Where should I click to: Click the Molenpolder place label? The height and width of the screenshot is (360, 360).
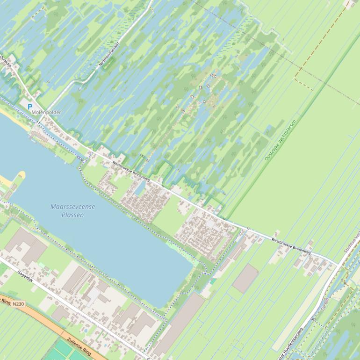[46, 113]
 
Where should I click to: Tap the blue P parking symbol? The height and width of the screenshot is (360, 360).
[30, 107]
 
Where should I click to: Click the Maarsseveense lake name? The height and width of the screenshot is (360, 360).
[72, 207]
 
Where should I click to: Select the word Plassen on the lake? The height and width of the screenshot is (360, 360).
[72, 215]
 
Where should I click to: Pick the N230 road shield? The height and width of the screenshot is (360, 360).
[18, 304]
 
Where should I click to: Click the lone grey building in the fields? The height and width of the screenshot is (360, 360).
[245, 278]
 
